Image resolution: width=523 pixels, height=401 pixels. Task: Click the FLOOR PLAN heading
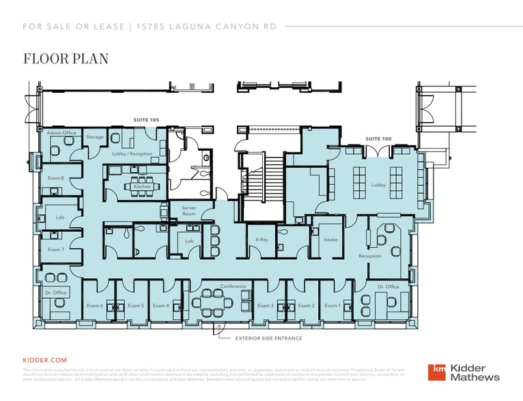(66, 59)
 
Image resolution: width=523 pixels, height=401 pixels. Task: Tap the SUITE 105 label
(146, 120)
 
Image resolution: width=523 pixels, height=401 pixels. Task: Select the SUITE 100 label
(378, 138)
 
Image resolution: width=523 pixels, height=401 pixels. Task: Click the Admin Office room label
(61, 132)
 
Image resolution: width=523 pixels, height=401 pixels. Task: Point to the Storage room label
(95, 137)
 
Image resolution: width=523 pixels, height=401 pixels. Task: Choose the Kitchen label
(142, 186)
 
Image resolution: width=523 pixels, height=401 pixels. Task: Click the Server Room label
(188, 211)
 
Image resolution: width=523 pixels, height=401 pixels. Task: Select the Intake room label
(330, 239)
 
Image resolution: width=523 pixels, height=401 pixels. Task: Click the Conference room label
(233, 286)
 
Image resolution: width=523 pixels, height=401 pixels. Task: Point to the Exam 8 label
(56, 178)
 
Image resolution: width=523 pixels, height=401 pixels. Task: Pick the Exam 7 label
(56, 250)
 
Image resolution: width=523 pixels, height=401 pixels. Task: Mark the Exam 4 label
(160, 306)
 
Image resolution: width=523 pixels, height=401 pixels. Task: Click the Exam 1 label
(332, 306)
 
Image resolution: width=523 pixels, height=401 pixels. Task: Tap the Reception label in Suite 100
(370, 256)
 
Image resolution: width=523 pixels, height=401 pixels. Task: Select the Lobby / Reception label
(132, 154)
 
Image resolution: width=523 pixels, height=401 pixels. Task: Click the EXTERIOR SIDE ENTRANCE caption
(268, 338)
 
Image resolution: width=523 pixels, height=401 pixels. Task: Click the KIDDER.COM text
(45, 359)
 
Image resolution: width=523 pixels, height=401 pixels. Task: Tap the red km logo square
(436, 372)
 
